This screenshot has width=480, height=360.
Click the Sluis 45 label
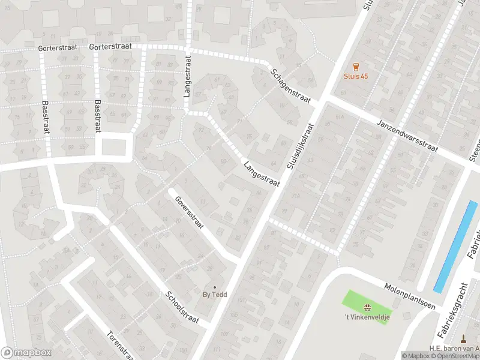point(356,76)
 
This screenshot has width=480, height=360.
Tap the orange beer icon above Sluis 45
point(356,67)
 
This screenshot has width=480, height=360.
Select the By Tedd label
point(214,295)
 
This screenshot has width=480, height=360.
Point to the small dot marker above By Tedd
point(214,287)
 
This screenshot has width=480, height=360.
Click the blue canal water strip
point(455,247)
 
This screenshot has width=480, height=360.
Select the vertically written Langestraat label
point(187,77)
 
